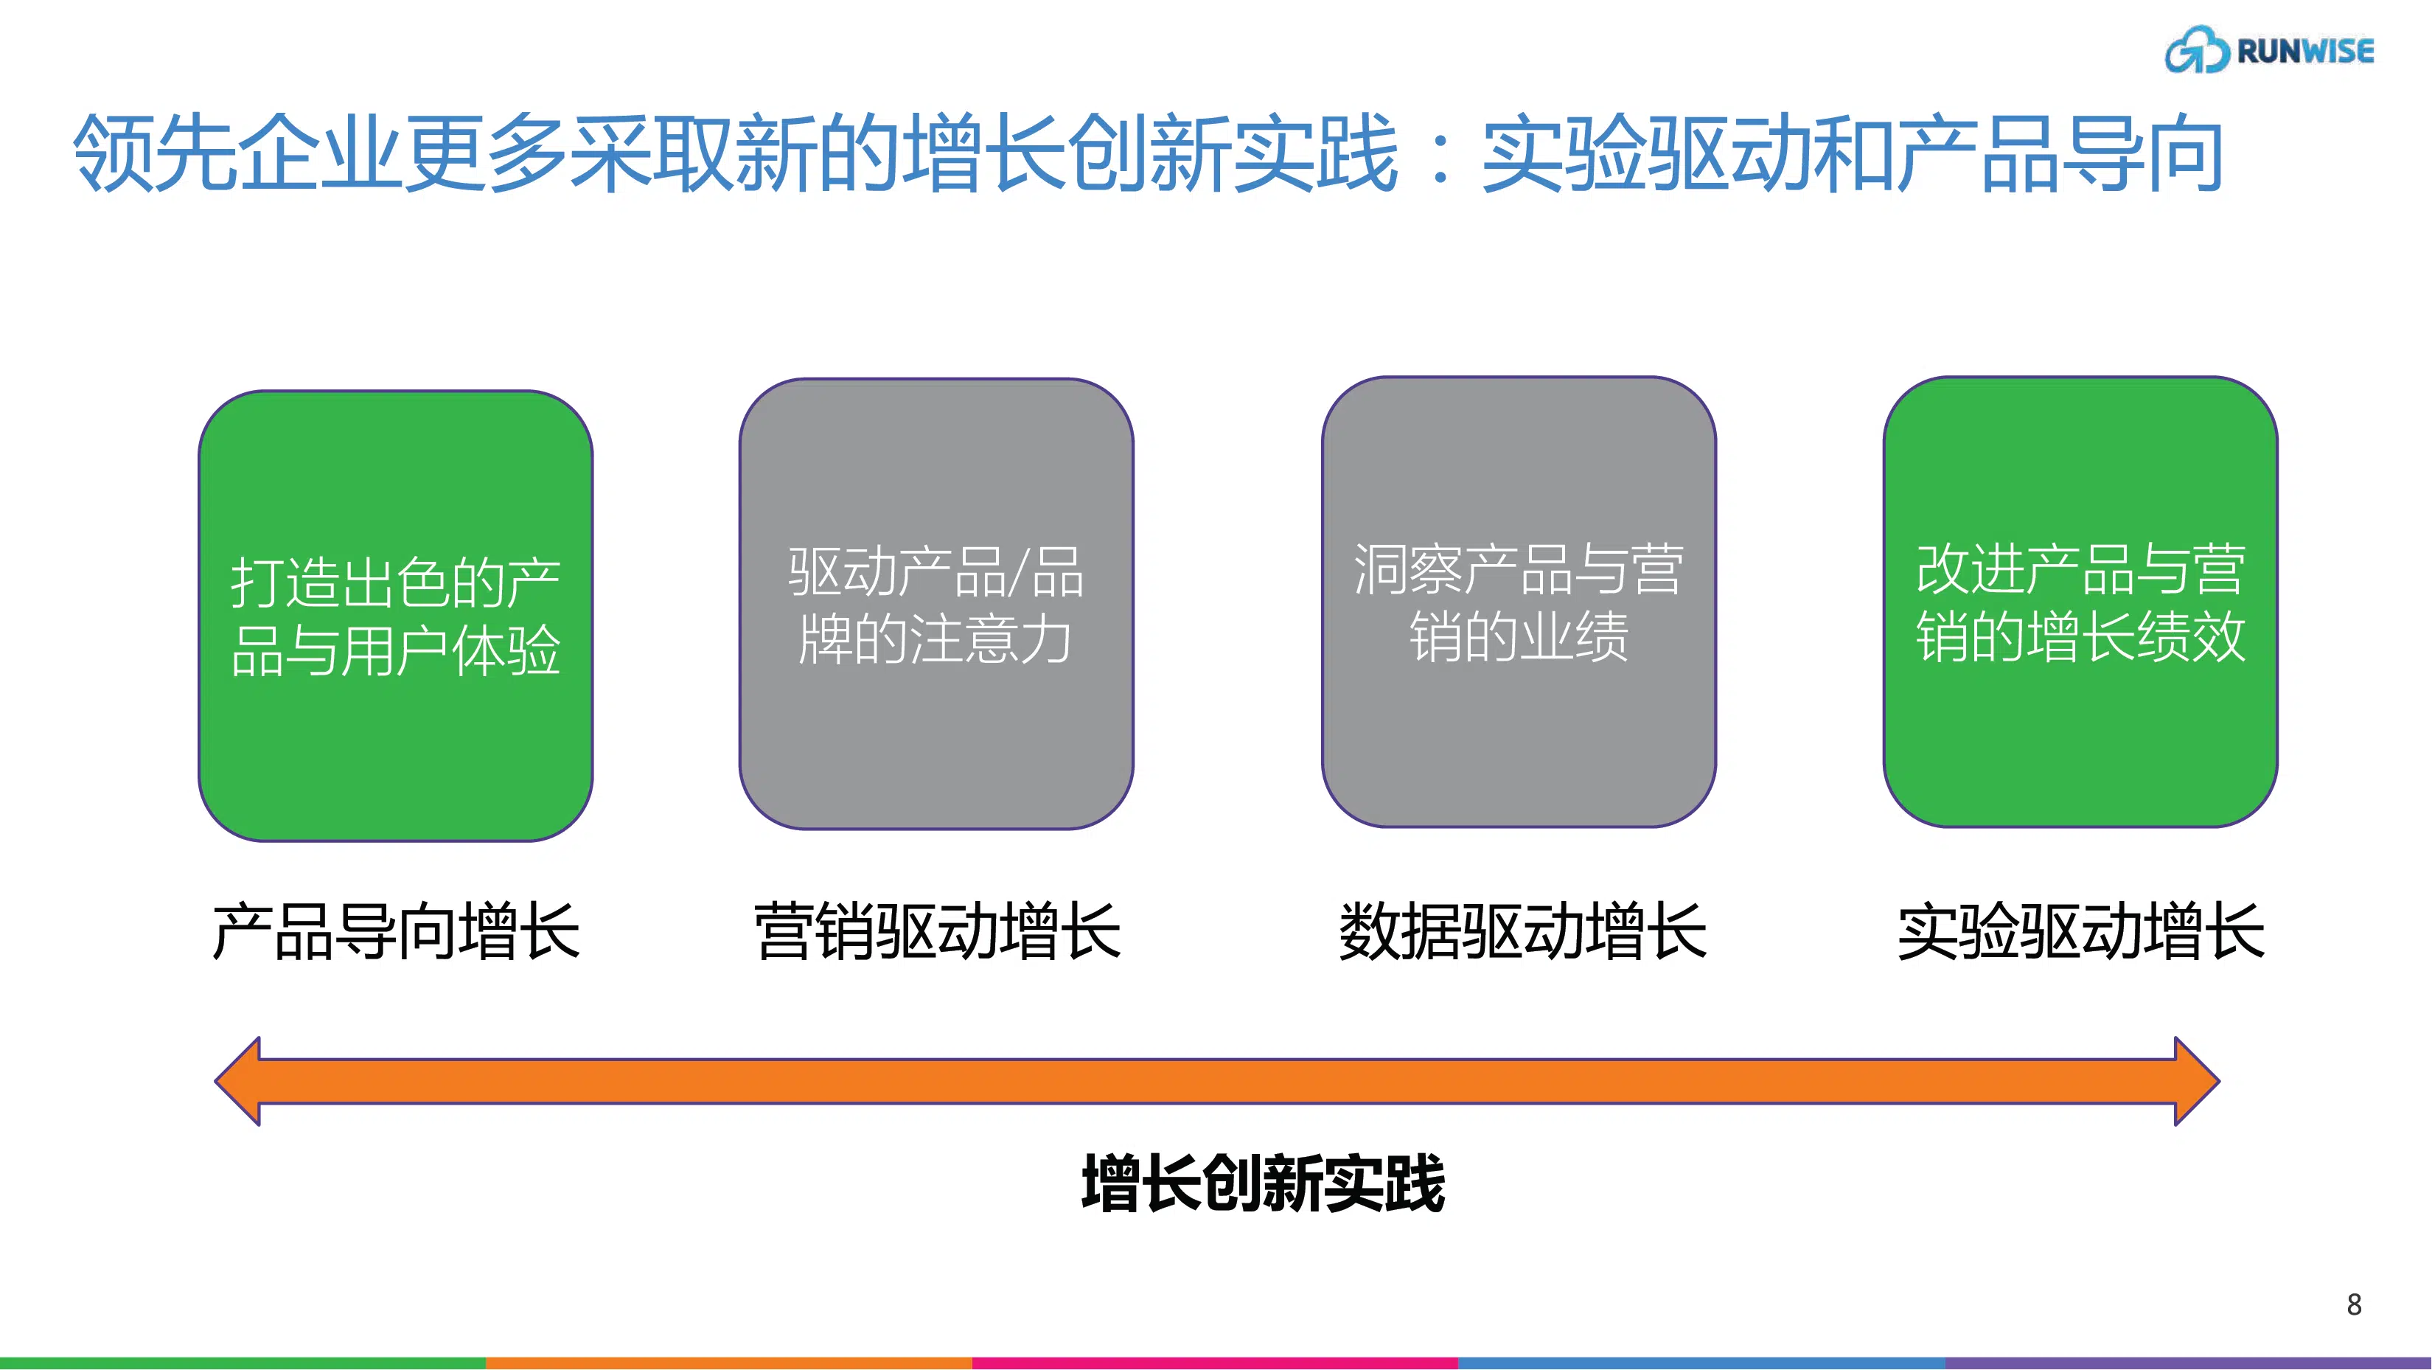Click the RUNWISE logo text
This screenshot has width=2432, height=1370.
[x=2305, y=51]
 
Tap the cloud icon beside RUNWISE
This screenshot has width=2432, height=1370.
[x=2197, y=50]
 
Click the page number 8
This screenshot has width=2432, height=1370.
[x=2354, y=1304]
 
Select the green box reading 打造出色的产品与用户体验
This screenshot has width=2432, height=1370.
[x=396, y=616]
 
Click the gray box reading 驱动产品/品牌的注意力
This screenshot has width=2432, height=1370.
[x=936, y=605]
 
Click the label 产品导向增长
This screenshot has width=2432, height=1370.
[x=396, y=932]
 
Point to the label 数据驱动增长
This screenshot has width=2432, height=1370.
[x=1523, y=932]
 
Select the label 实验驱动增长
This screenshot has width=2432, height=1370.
[x=2081, y=932]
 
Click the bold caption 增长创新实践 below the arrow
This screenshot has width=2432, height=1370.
[x=1264, y=1183]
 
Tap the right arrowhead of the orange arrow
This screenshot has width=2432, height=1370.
[x=2197, y=1081]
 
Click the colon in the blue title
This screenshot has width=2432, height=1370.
[x=1440, y=155]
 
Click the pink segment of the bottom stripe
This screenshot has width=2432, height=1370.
[x=1215, y=1363]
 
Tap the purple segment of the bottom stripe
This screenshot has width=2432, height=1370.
[x=2189, y=1363]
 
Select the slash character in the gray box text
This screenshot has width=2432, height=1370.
[x=1018, y=572]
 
